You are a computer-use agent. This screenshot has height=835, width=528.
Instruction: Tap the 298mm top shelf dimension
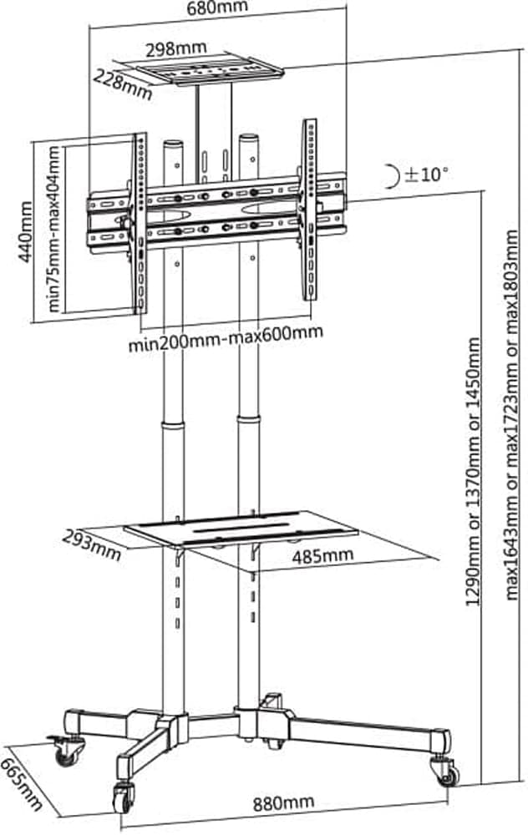point(175,48)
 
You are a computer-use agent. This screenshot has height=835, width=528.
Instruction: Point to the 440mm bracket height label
point(24,231)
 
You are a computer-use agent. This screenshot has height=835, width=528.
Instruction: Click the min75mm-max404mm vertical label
point(54,229)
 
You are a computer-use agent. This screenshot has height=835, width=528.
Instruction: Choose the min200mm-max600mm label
point(226,339)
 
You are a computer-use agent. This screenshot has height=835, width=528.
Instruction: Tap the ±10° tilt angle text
point(427,174)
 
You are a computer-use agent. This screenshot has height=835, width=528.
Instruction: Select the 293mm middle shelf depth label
point(92,544)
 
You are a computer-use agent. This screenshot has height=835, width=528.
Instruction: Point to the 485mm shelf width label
point(322,556)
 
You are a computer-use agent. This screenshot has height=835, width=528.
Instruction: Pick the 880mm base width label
point(283,802)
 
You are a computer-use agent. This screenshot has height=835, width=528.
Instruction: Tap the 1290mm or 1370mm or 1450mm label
point(474,471)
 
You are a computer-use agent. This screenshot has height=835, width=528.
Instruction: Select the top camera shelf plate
point(210,69)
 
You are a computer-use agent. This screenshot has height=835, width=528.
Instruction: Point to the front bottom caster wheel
point(124,797)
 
